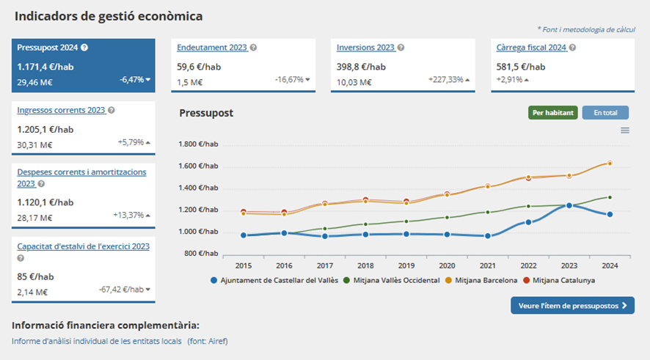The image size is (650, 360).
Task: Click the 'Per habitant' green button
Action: pos(552,113)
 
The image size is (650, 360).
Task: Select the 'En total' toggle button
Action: pos(605,113)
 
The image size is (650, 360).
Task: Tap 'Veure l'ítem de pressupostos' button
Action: pos(572,306)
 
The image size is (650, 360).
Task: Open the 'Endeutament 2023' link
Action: pos(212,48)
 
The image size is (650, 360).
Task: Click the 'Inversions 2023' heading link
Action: pos(365,48)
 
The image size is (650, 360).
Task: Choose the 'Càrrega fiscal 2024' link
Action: pos(531,48)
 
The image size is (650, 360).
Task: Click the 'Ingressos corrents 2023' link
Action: pos(61,110)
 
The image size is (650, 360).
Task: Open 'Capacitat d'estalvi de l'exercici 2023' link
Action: pos(83,246)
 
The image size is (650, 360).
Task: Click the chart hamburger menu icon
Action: pos(625,131)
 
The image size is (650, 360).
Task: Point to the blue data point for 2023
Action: pos(569,206)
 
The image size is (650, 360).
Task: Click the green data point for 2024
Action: pos(610,197)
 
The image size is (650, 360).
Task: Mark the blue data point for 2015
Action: pos(243,235)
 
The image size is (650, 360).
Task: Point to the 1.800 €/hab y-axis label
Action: pos(199,144)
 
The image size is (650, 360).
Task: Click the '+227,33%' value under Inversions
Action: pos(445,79)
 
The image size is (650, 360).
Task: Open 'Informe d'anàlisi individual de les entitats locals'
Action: pos(97,341)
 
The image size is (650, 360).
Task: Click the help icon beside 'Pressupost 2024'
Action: pos(84,48)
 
